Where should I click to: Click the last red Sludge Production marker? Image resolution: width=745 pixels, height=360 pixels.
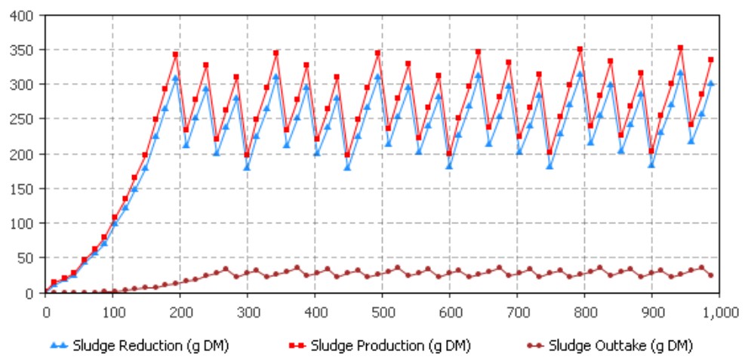pos(711,60)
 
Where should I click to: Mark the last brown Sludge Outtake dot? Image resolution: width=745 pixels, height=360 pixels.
pos(711,275)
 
